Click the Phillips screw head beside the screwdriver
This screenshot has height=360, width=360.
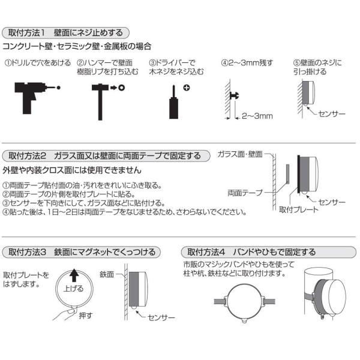187,88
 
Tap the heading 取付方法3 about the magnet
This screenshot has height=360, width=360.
82,251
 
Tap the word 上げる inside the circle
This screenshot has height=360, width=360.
74,289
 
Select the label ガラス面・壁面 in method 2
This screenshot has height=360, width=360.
240,155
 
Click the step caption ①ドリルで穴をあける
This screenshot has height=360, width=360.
34,62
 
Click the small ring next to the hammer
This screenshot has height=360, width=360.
121,88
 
